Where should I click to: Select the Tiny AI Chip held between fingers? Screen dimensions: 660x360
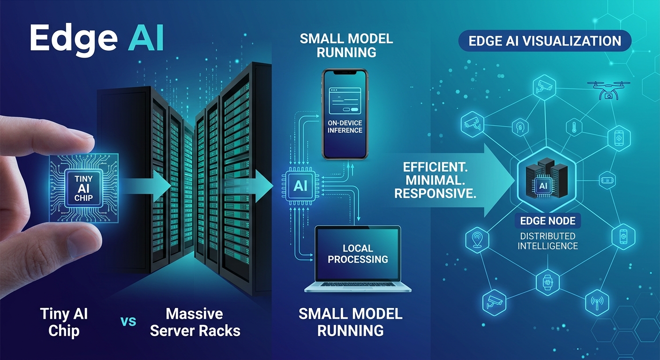tap(84, 188)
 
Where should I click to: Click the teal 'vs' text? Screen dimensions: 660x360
tap(128, 321)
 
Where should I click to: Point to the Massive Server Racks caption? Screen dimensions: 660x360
tap(195, 322)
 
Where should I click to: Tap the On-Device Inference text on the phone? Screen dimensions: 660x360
tap(345, 127)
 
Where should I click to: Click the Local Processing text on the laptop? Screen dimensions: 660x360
tap(358, 254)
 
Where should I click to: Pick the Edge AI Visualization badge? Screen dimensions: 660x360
tap(545, 41)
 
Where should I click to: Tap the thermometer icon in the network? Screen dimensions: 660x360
tap(574, 127)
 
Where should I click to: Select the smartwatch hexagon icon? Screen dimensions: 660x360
tap(547, 282)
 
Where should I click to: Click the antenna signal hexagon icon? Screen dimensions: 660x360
tap(597, 302)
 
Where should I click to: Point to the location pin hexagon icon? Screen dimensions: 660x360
tap(477, 240)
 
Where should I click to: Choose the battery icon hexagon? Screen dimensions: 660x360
tap(607, 180)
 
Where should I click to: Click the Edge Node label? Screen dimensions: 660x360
tap(547, 221)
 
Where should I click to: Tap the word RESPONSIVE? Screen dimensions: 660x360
tap(435, 193)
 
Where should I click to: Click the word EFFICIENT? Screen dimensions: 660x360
tap(435, 167)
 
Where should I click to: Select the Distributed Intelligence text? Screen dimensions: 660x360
tap(548, 241)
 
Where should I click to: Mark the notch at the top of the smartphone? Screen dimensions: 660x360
tap(345, 72)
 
